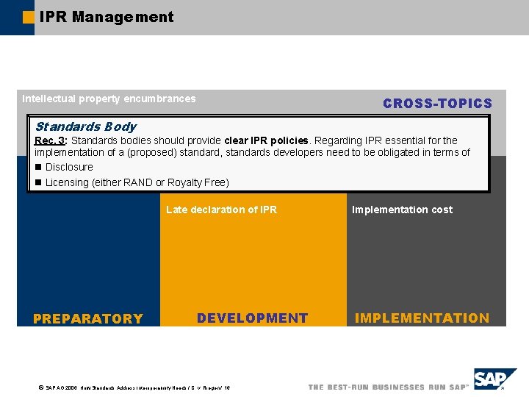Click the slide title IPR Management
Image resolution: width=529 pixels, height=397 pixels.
[x=107, y=17]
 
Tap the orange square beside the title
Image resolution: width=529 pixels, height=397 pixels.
[x=29, y=17]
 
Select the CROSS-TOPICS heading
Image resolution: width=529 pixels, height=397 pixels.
[x=437, y=104]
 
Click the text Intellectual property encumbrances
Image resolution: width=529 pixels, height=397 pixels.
[x=109, y=99]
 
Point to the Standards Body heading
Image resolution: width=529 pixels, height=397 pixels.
[x=85, y=126]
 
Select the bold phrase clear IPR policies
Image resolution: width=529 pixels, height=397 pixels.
[x=266, y=140]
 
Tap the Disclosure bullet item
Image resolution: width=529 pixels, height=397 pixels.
[x=69, y=167]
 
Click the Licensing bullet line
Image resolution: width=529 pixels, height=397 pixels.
[x=137, y=182]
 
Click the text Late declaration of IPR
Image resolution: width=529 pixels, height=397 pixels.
[x=221, y=210]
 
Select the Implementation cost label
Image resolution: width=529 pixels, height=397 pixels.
[x=402, y=210]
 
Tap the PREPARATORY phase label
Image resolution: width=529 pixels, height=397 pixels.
[x=88, y=318]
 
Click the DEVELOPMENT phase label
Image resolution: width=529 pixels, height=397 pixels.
[x=252, y=318]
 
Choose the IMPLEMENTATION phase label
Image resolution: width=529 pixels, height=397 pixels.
[x=422, y=318]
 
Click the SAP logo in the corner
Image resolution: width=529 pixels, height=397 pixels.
[x=494, y=380]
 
